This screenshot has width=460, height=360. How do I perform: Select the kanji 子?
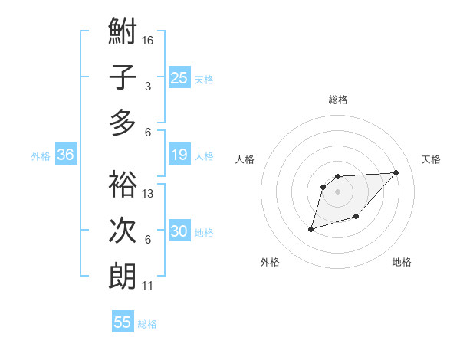(123, 78)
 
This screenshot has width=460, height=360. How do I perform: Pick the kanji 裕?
(123, 185)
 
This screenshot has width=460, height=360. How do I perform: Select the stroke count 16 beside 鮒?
(149, 39)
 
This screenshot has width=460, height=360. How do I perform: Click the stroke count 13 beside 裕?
(149, 194)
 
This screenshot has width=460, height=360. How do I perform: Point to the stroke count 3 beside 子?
(148, 87)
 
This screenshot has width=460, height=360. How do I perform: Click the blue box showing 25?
(179, 77)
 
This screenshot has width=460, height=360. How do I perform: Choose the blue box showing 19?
(179, 155)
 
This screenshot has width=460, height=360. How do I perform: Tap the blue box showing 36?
(65, 155)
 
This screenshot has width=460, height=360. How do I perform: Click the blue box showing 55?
(123, 322)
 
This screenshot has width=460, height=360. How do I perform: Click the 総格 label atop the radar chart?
(338, 100)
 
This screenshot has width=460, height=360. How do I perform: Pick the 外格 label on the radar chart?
(270, 263)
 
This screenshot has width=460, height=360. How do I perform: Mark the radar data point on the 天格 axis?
(396, 172)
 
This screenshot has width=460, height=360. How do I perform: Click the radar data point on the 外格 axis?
(311, 229)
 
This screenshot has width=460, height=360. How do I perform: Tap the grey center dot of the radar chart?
(338, 191)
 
